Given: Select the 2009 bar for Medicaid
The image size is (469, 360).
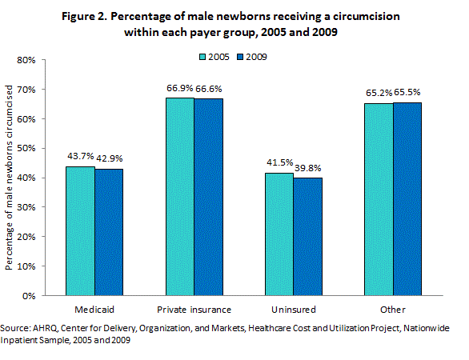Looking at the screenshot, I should pyautogui.click(x=109, y=231).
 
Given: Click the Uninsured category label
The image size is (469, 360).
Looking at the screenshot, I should pyautogui.click(x=293, y=310).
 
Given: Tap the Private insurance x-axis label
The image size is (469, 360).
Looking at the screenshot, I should pyautogui.click(x=194, y=310).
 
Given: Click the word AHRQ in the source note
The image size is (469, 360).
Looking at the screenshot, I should pyautogui.click(x=42, y=329).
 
